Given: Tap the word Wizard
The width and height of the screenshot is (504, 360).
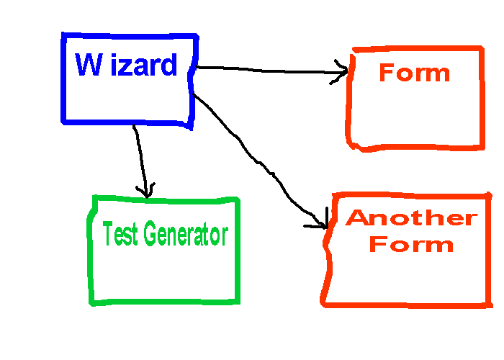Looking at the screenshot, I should pyautogui.click(x=126, y=66).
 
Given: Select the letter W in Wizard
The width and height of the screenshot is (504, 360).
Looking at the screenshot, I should pyautogui.click(x=88, y=65).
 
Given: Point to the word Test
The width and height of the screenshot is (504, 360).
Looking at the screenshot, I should pyautogui.click(x=120, y=235).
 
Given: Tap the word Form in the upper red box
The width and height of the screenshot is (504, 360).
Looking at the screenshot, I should pyautogui.click(x=414, y=73).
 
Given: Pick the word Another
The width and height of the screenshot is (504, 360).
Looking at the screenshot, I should pyautogui.click(x=411, y=217).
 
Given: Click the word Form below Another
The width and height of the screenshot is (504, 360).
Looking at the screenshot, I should pyautogui.click(x=411, y=244).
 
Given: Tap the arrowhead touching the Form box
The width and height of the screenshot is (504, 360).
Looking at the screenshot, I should pyautogui.click(x=341, y=72).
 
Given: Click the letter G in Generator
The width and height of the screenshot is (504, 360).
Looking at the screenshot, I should pyautogui.click(x=149, y=235).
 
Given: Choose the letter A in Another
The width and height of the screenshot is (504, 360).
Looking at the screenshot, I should pyautogui.click(x=358, y=217).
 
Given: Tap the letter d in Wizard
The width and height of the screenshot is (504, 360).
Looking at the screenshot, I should pyautogui.click(x=168, y=66).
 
